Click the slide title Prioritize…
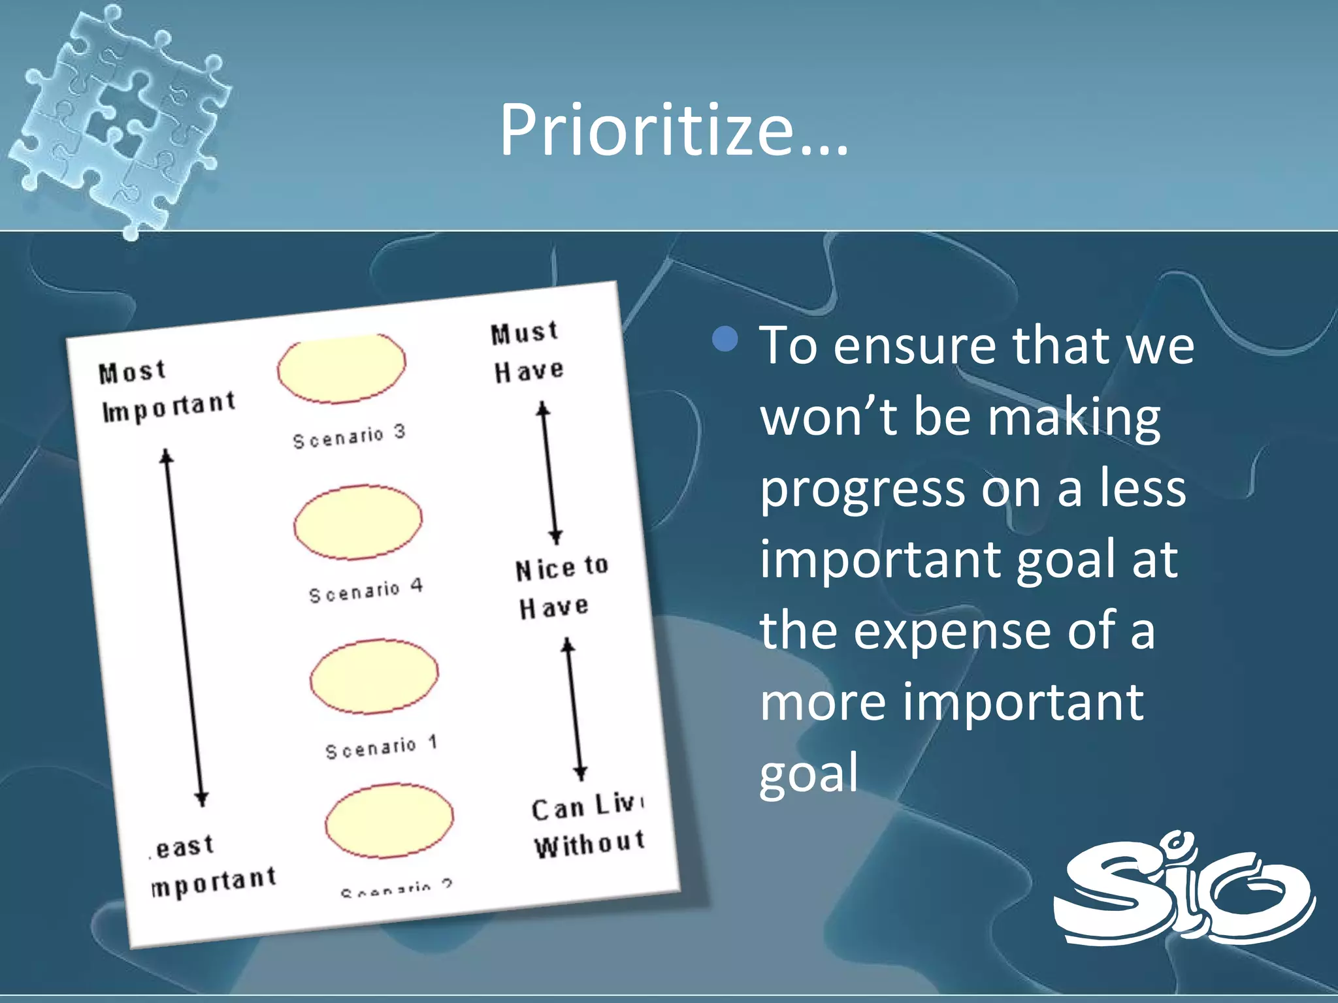[x=674, y=131]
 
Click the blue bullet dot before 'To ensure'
[x=725, y=340]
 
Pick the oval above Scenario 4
[x=358, y=522]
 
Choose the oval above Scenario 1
[x=374, y=677]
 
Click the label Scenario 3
[x=350, y=436]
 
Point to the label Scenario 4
[x=366, y=590]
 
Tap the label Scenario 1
[x=382, y=747]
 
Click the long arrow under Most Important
[x=184, y=627]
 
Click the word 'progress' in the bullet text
[x=861, y=490]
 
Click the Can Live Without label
[x=588, y=826]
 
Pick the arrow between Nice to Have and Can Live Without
[x=574, y=709]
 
